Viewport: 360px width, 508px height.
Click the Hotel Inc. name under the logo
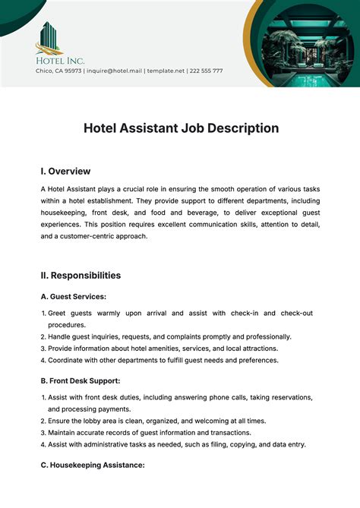[60, 58]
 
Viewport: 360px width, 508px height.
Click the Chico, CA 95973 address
[58, 71]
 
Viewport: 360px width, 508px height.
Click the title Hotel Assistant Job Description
[180, 128]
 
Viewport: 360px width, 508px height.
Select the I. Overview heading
[66, 171]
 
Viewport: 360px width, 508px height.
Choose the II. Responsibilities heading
[81, 275]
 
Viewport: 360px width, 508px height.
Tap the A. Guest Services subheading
[74, 296]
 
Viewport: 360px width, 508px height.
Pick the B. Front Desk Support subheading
[81, 380]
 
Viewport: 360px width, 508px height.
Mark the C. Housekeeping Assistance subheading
[93, 465]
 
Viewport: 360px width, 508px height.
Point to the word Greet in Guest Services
[58, 313]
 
